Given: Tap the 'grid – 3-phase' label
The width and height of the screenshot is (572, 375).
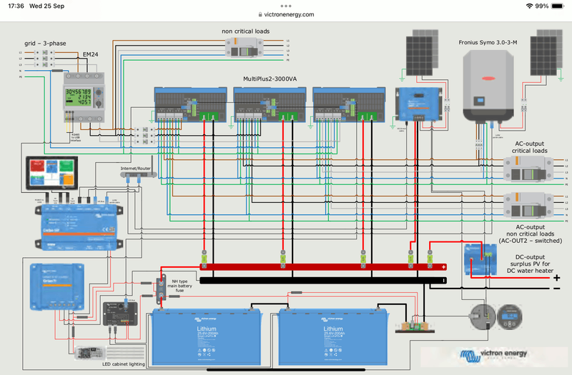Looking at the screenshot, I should click(44, 44).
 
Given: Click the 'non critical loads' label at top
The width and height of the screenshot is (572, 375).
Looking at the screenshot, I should click(245, 31).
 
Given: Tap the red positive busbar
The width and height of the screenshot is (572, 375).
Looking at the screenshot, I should click(322, 267).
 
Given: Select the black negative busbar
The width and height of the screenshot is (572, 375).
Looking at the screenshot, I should click(322, 280).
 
